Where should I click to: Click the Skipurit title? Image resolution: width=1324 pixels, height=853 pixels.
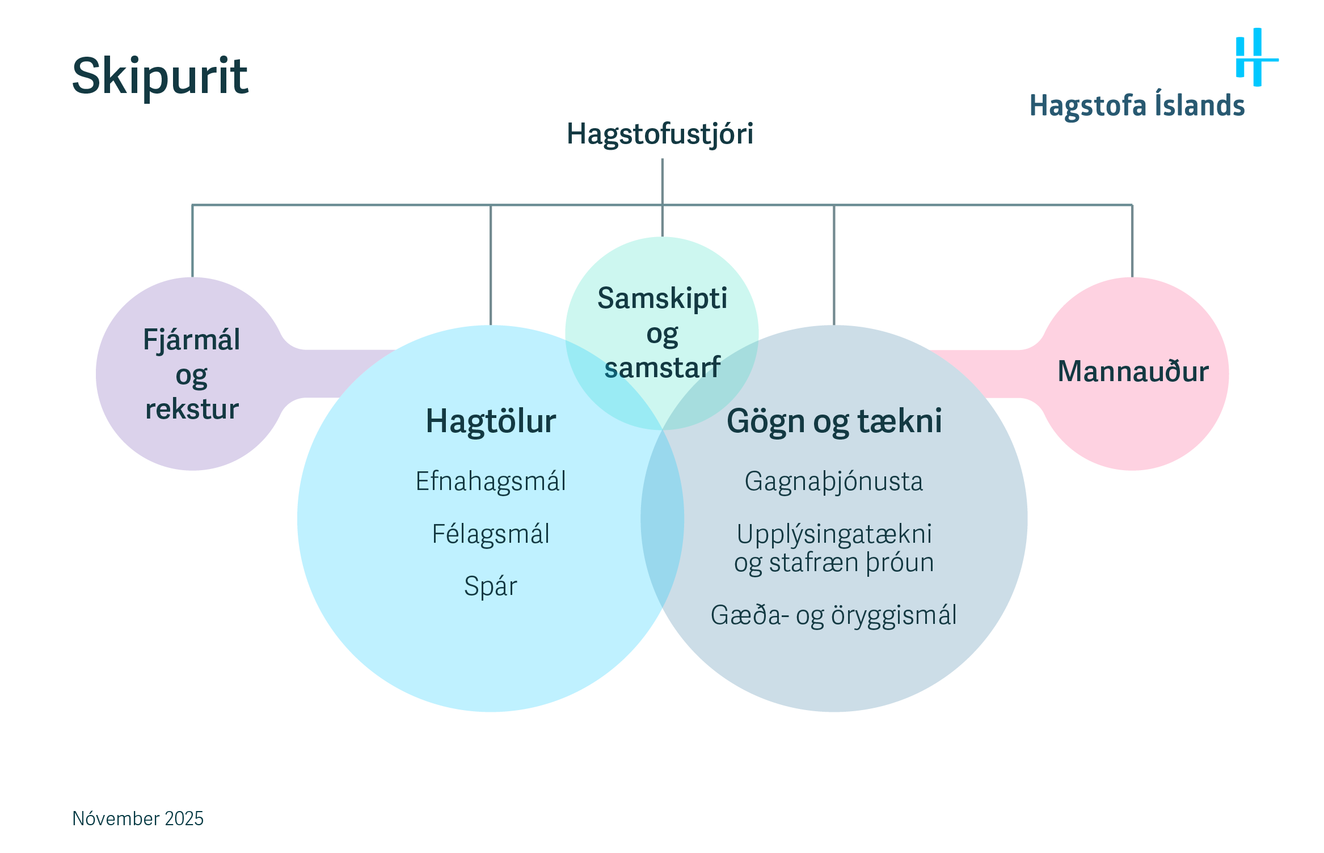click(160, 76)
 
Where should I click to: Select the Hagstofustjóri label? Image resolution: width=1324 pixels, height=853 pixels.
click(660, 134)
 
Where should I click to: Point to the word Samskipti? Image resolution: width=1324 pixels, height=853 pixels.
click(662, 298)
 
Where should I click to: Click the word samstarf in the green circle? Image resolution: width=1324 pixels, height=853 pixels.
click(662, 368)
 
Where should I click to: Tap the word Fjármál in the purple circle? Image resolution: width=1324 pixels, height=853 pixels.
click(192, 340)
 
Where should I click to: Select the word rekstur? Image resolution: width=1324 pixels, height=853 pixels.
click(192, 409)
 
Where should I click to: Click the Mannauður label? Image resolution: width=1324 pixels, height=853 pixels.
click(1133, 371)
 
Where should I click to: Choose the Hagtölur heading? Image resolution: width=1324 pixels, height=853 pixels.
click(491, 421)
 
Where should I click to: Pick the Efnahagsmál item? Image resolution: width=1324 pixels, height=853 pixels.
click(491, 482)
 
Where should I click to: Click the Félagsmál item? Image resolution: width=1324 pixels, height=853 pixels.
click(491, 534)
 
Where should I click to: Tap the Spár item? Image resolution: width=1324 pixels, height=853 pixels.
click(491, 586)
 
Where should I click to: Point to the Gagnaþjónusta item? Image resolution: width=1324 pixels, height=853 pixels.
click(833, 482)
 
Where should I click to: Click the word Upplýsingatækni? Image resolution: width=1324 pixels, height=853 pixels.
click(834, 534)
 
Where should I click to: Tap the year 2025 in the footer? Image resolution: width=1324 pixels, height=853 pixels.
click(184, 818)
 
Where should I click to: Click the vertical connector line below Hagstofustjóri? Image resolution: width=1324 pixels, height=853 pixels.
click(662, 181)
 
